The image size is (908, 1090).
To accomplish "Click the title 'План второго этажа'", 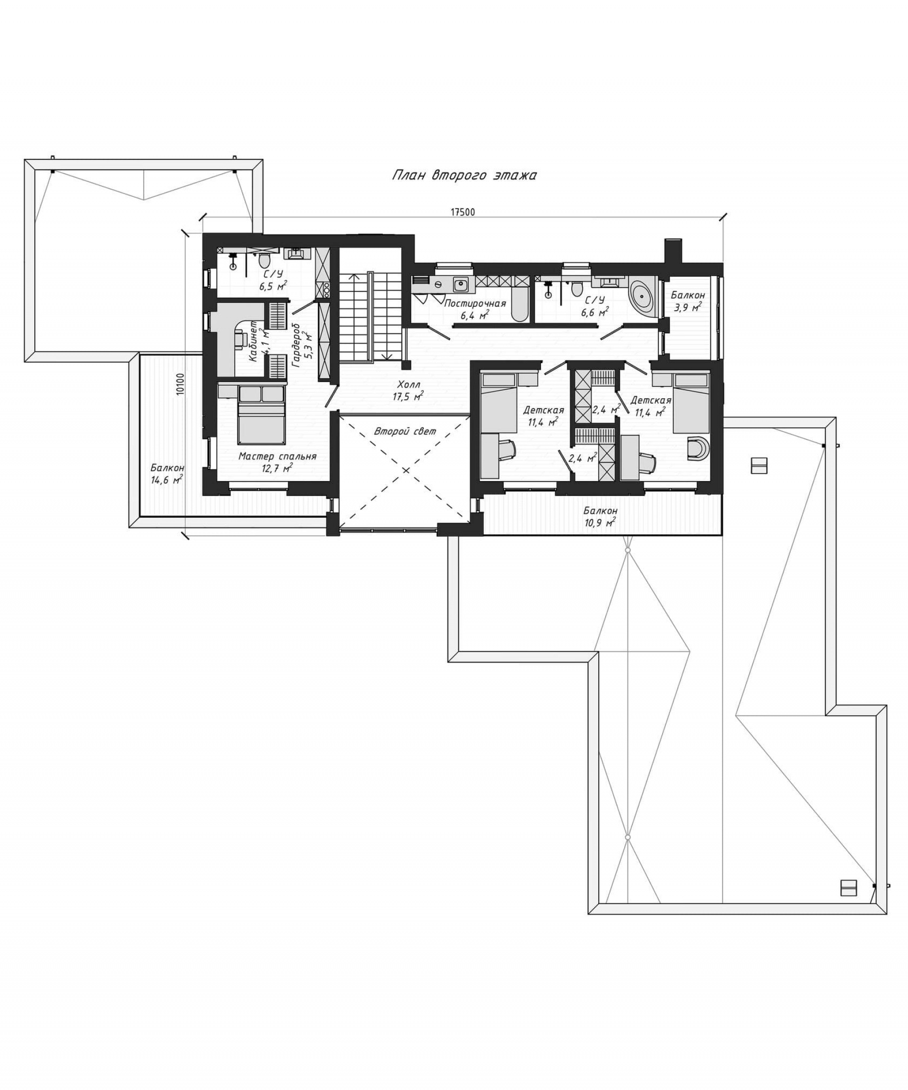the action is [x=463, y=175].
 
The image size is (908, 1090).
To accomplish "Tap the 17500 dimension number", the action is [x=462, y=212].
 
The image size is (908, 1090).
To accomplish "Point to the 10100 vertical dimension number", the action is [x=180, y=384].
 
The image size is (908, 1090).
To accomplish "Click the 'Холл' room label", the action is [x=409, y=384].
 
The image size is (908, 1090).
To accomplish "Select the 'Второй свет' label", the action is [x=405, y=431].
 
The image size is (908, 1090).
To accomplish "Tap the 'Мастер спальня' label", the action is [x=277, y=457].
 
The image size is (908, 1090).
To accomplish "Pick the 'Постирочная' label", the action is [x=474, y=303].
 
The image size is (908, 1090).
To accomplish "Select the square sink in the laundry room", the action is [x=460, y=283].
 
